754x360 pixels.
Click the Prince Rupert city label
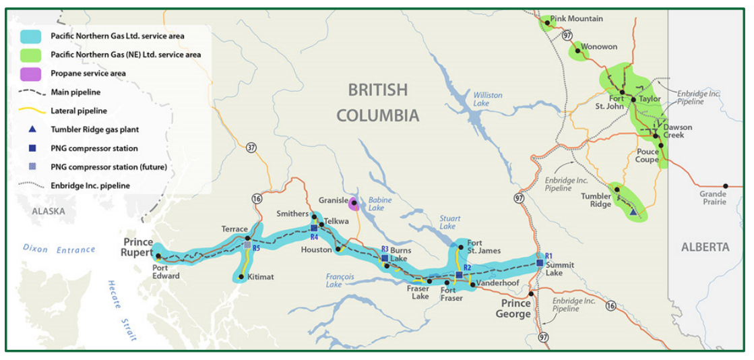tap(138, 247)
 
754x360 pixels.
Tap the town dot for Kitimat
tap(241, 276)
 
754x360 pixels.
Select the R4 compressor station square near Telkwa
tap(314, 228)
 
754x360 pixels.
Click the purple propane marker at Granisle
tap(354, 205)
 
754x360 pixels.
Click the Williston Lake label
tap(487, 99)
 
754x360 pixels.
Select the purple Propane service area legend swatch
tap(32, 73)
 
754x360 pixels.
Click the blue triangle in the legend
tap(32, 129)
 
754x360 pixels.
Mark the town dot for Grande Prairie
tap(726, 185)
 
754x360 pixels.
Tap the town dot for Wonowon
tap(577, 51)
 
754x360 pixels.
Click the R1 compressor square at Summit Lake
tap(540, 263)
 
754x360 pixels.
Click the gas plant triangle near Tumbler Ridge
tap(633, 212)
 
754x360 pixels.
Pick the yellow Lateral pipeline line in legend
tap(32, 111)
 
